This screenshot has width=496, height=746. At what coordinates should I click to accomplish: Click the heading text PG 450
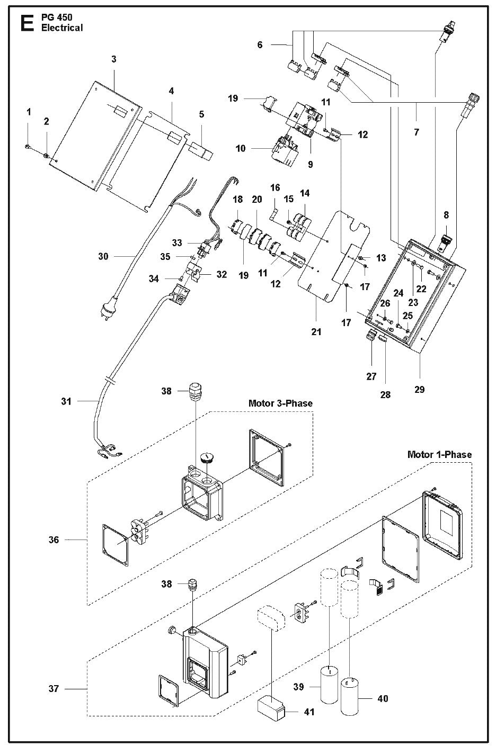[57, 17]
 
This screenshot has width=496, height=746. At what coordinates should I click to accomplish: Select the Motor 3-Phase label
[280, 403]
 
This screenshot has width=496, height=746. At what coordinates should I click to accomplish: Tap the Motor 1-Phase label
[439, 454]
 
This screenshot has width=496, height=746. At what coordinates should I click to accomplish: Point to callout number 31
[66, 401]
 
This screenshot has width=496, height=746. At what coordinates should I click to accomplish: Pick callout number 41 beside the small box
[308, 712]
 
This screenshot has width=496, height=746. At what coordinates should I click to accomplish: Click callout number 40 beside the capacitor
[382, 698]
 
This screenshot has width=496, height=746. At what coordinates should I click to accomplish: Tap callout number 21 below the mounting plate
[316, 331]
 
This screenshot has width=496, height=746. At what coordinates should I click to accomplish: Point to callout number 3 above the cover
[114, 59]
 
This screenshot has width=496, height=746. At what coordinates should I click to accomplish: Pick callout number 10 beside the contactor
[241, 148]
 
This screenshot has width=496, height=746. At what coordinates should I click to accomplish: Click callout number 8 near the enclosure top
[446, 215]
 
